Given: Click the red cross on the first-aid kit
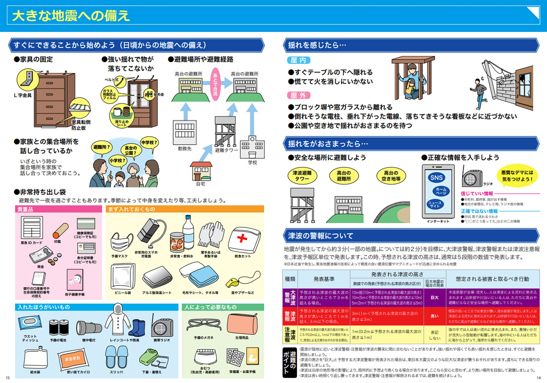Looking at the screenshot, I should coord(242,238).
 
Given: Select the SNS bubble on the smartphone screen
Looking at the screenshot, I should coord(436,178).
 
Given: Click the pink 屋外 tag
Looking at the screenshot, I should coord(298,95).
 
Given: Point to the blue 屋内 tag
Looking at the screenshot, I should coord(298,60).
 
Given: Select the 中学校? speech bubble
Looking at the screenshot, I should coord(149,142).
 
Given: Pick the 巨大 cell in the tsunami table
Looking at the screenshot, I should coord(434,298).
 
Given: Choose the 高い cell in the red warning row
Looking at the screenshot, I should coord(434,316).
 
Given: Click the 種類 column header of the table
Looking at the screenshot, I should coord(290,279).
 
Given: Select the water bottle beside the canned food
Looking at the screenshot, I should coord(188,232).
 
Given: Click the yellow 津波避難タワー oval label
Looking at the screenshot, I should coord(302,176).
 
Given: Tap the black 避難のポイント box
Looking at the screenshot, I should coord(289,362).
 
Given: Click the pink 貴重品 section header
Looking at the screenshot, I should coord(58,209).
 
